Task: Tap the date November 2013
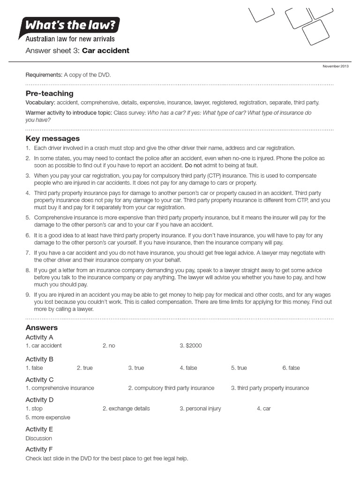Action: pos(335,66)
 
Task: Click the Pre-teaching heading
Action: pos(49,93)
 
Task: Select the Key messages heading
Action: pos(52,138)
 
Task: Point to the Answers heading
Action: pos(42,328)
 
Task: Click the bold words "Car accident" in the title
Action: pos(105,51)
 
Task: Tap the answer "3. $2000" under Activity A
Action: pos(190,346)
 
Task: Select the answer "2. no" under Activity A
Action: pos(109,346)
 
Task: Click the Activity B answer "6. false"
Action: pos(291,368)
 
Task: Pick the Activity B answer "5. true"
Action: pos(239,368)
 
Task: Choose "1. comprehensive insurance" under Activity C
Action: pos(60,388)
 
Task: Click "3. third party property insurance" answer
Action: pos(270,388)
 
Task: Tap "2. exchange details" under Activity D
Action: pos(126,409)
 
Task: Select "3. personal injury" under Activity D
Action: pos(200,409)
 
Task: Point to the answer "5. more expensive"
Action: pos(48,418)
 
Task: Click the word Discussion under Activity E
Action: pos(39,439)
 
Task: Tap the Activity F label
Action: pos(39,450)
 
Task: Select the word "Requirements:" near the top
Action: pos(44,75)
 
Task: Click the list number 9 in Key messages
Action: pos(28,295)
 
